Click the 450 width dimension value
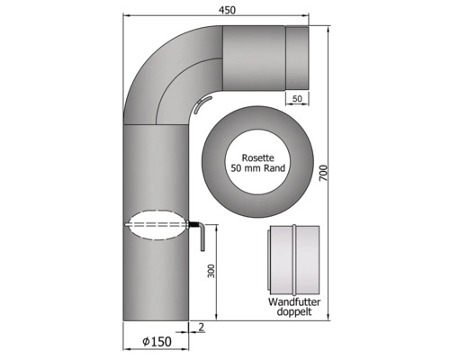click(x=227, y=10)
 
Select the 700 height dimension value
click(x=323, y=173)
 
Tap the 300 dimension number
click(x=211, y=271)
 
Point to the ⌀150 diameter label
click(x=157, y=341)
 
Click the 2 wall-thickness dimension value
click(x=202, y=327)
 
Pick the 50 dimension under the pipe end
click(x=297, y=99)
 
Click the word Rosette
click(x=258, y=157)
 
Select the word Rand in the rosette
click(x=274, y=168)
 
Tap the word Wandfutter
click(x=294, y=301)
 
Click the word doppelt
click(x=294, y=311)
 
